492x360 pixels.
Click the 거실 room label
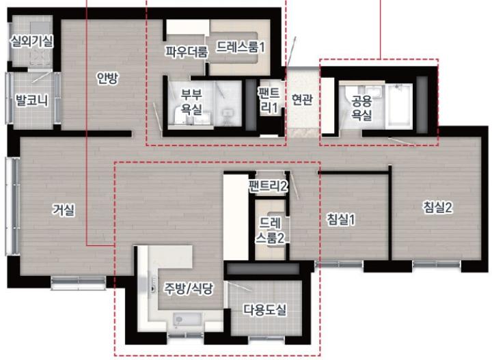[64, 210]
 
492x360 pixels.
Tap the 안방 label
[107, 79]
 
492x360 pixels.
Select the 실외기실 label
[31, 41]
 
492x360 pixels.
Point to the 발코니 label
[32, 100]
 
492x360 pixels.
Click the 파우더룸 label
[187, 51]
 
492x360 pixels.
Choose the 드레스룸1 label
[241, 47]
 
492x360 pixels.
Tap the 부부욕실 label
[192, 102]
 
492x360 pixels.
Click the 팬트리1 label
[269, 100]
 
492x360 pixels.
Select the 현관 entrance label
[302, 100]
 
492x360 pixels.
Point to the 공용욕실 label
[361, 107]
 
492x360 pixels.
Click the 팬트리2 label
[269, 186]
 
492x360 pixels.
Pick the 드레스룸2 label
[270, 230]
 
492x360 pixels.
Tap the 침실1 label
[341, 219]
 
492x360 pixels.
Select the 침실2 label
[438, 207]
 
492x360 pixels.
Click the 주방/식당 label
[189, 288]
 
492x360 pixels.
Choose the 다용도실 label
[265, 310]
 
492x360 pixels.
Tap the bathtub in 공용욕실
[398, 107]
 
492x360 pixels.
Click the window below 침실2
[437, 265]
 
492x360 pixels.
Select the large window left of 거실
[13, 206]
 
